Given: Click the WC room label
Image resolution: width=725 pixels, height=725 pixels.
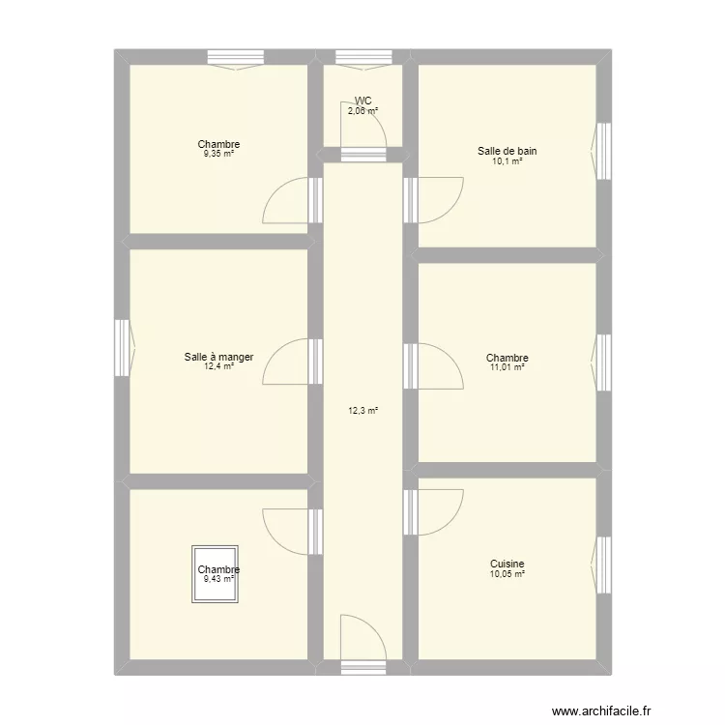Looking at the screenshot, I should [362, 101].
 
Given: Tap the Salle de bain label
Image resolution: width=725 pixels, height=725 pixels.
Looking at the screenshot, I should [507, 151].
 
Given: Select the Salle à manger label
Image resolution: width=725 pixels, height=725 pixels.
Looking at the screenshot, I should [218, 357].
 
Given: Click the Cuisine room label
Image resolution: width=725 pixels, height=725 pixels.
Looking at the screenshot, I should [507, 564].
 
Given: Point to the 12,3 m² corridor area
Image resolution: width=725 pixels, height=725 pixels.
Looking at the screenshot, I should [362, 411].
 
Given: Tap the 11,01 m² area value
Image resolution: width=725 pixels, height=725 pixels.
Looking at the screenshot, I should [507, 367].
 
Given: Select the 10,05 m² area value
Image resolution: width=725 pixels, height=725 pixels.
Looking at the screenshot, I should [507, 574].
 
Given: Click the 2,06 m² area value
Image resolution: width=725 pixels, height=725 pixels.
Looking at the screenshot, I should [362, 110].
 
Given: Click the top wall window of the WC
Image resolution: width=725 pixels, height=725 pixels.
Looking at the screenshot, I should [362, 58].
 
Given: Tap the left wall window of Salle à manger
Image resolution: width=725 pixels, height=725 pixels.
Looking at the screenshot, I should [122, 349].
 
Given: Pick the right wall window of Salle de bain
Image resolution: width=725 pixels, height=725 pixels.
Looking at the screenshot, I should [603, 150].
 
